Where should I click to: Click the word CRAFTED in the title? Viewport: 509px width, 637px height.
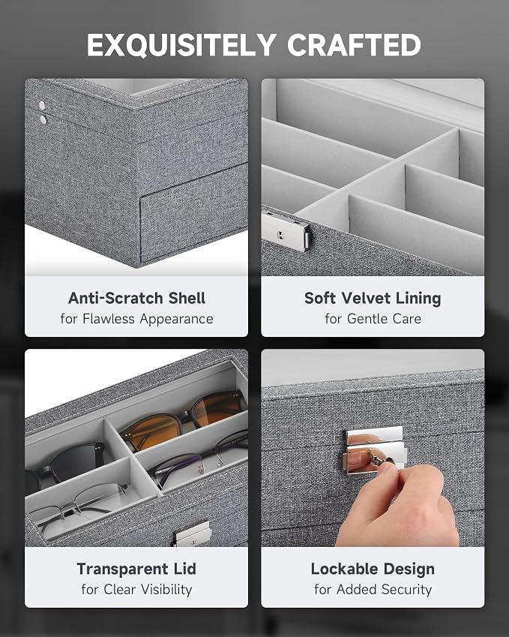coord(354,45)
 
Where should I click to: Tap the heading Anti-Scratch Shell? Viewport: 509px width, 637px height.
coord(136,298)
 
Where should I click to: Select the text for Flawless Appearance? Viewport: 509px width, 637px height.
coord(136,319)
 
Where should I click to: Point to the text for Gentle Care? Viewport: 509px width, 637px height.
coord(373,319)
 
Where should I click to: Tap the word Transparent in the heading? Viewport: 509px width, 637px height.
coord(122,569)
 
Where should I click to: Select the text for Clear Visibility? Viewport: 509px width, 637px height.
coord(136,590)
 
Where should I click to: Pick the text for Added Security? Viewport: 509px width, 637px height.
coord(373,590)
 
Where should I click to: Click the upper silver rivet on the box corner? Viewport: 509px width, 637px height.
coord(42,106)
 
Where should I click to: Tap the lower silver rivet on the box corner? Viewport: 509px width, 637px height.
coord(43,119)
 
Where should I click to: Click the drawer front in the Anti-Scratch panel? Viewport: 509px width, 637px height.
coord(194,213)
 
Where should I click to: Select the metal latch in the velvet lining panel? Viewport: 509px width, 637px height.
coord(286,231)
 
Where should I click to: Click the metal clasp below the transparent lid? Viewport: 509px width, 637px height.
coord(193,533)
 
